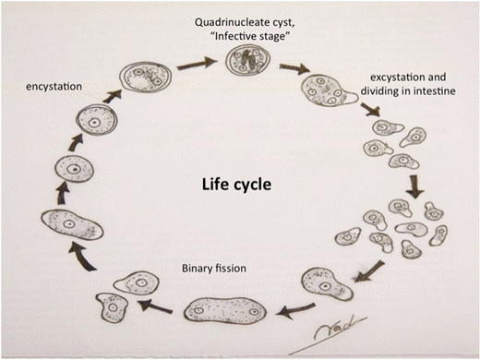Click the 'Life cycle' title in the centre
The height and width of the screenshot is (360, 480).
point(236,184)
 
